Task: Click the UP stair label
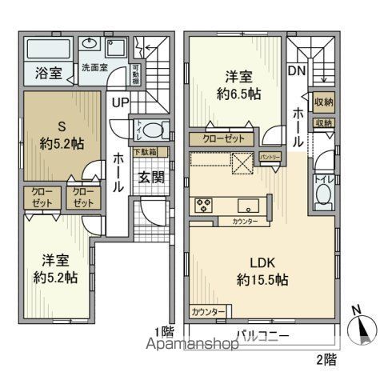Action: click(119, 102)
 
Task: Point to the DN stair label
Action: click(296, 70)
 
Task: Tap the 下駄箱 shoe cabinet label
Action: click(145, 151)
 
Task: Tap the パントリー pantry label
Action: click(270, 157)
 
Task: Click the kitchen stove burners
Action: click(201, 204)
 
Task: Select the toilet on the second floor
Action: click(321, 192)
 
